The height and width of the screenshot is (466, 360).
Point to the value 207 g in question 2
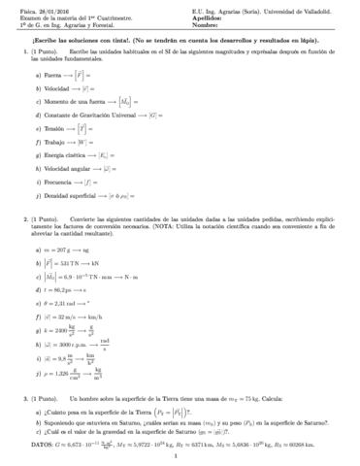point(61,250)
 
